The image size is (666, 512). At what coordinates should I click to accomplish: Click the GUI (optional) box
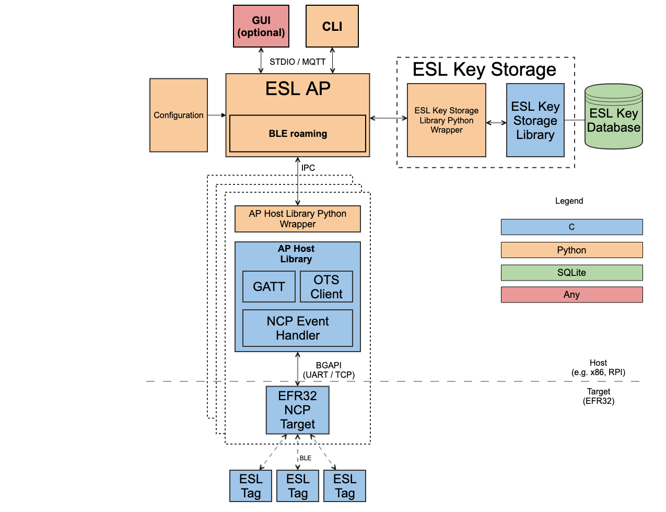261,27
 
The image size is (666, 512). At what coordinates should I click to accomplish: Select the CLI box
332,27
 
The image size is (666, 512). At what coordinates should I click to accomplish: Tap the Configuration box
179,115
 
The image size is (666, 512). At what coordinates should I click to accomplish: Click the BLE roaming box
298,134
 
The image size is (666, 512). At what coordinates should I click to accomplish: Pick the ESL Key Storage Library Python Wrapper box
447,120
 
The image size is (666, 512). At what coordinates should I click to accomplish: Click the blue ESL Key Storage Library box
535,121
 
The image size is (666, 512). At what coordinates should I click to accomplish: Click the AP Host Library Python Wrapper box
298,219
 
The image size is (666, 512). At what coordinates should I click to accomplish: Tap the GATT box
269,287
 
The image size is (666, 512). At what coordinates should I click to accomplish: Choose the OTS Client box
326,287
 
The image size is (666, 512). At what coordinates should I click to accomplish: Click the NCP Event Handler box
298,328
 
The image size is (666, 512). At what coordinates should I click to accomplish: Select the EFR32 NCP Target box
298,410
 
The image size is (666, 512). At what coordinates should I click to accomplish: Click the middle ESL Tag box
298,486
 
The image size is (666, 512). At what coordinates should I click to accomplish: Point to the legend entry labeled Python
571,250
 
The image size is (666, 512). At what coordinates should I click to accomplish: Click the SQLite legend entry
571,273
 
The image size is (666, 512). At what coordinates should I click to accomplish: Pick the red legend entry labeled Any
571,295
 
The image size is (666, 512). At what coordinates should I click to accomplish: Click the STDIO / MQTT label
298,62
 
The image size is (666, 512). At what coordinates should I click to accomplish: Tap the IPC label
308,168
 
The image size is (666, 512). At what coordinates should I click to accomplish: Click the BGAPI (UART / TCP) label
329,370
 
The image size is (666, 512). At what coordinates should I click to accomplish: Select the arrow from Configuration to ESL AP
216,115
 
